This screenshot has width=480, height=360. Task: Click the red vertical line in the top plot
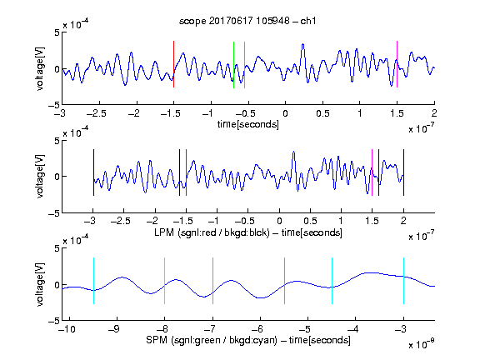pyautogui.click(x=173, y=64)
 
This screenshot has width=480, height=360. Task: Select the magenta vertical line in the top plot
pyautogui.click(x=397, y=64)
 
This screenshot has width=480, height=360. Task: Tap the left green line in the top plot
pyautogui.click(x=233, y=65)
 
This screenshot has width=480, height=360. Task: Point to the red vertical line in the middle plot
pyautogui.click(x=186, y=172)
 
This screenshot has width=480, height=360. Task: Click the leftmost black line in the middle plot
pyautogui.click(x=93, y=172)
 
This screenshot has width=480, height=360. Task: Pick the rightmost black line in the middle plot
pyautogui.click(x=403, y=172)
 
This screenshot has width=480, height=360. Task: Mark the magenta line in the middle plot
pyautogui.click(x=372, y=172)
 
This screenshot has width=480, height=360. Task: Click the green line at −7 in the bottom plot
pyautogui.click(x=212, y=281)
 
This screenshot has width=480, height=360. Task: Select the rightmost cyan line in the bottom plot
pyautogui.click(x=403, y=281)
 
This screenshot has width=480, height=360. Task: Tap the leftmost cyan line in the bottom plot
pyautogui.click(x=93, y=281)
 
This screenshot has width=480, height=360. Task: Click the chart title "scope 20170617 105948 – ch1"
pyautogui.click(x=247, y=21)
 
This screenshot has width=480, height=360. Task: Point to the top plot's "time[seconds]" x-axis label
pyautogui.click(x=248, y=124)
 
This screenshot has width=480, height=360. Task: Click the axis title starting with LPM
pyautogui.click(x=248, y=232)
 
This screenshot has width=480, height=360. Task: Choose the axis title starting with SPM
pyautogui.click(x=248, y=340)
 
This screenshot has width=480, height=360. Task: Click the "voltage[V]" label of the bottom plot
pyautogui.click(x=40, y=284)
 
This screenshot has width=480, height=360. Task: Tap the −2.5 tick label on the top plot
pyautogui.click(x=97, y=113)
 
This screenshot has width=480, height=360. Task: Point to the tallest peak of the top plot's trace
pyautogui.click(x=303, y=44)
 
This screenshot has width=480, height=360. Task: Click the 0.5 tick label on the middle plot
pyautogui.click(x=310, y=221)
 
